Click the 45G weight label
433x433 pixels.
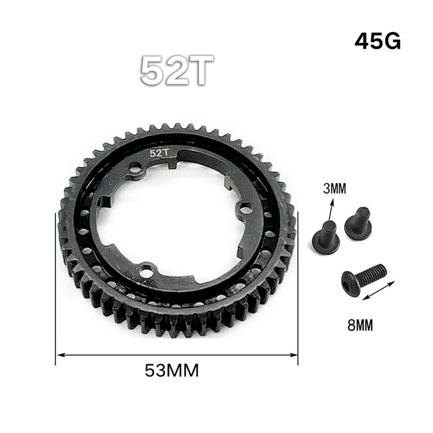tap(378, 42)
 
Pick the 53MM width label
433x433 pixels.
tap(172, 371)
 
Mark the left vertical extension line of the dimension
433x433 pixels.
tap(56, 287)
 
